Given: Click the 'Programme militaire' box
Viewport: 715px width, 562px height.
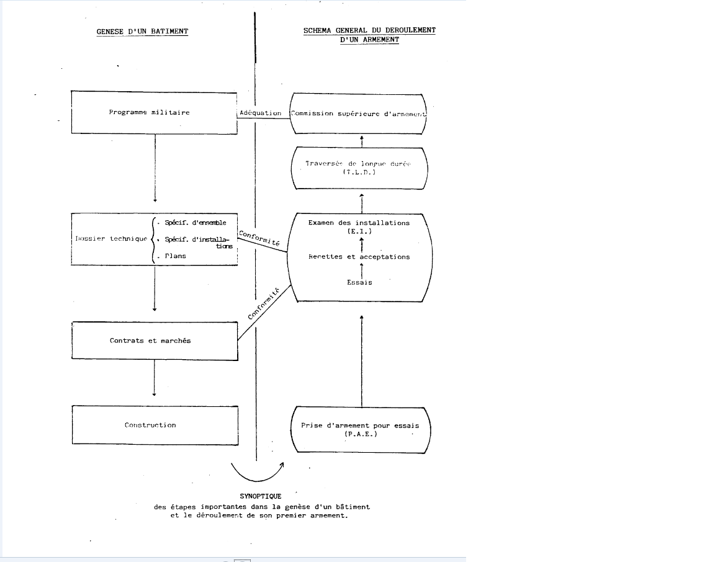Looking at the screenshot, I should coord(155,113).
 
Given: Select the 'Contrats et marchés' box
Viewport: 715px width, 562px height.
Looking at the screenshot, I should coord(155,341).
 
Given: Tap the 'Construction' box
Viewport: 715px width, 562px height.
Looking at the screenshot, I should coord(155,426).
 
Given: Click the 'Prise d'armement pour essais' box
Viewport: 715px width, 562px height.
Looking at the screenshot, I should coord(360,429).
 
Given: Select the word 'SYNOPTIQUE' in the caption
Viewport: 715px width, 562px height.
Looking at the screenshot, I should coord(261,496).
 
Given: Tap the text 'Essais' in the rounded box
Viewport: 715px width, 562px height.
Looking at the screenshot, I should coord(360,282).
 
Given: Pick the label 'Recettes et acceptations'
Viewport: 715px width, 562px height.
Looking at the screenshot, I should coord(360,257).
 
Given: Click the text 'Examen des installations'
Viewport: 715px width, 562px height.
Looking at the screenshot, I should coord(360,223).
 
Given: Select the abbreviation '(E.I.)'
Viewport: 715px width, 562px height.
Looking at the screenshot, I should coord(360,231).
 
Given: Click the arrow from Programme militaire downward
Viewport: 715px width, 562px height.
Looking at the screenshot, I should coord(155,167).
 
